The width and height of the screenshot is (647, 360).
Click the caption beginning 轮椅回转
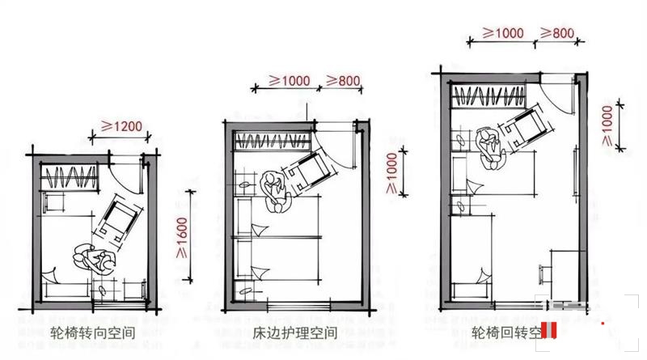click(x=505, y=332)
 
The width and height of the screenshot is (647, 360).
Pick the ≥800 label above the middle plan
click(x=342, y=81)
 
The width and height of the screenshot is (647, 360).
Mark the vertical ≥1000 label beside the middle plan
click(x=391, y=172)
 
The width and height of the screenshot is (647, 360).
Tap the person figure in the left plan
click(x=95, y=261)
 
